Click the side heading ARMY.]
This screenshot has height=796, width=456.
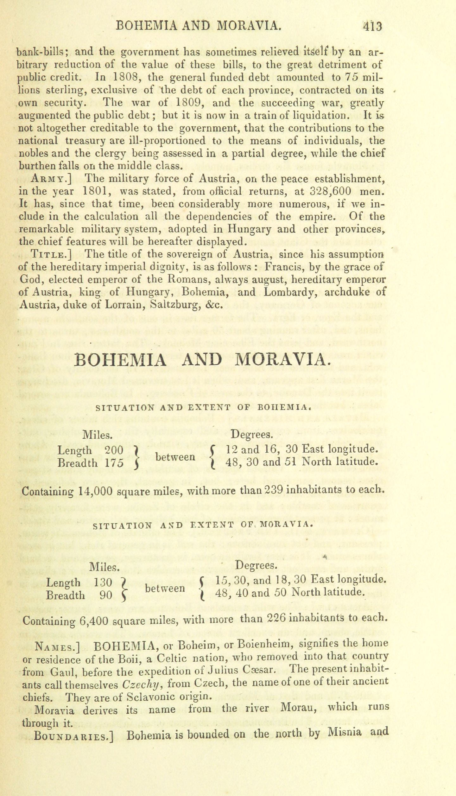[x=51, y=179]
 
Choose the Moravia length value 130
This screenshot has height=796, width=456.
[x=103, y=582]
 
